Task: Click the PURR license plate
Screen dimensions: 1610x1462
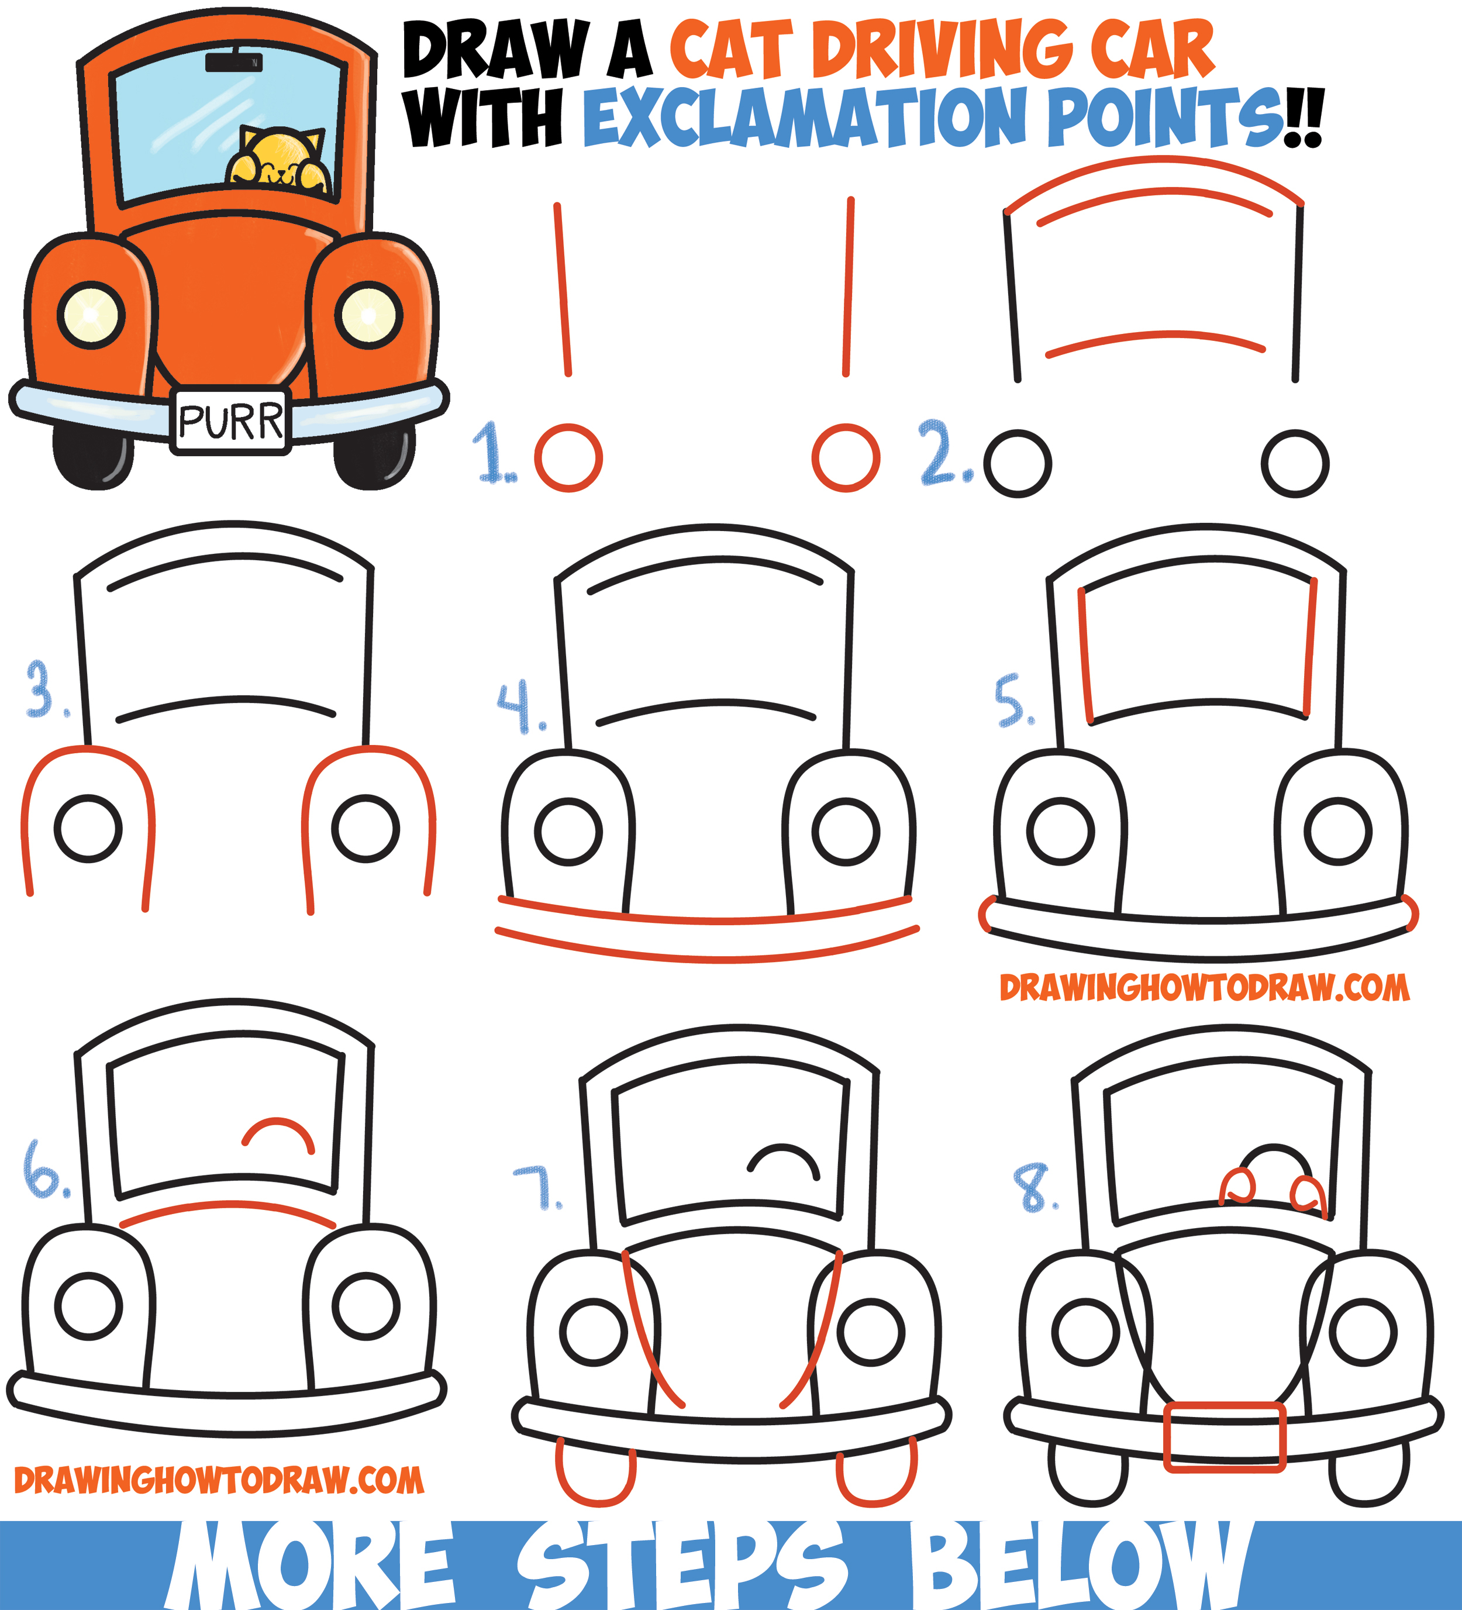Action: [230, 421]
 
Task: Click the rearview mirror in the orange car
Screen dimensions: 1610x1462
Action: [233, 61]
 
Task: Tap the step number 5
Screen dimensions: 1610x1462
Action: [1013, 701]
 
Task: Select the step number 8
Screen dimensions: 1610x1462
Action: [1033, 1188]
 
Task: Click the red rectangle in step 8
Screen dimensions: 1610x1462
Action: [1224, 1437]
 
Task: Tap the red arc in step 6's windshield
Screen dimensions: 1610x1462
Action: [278, 1134]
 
